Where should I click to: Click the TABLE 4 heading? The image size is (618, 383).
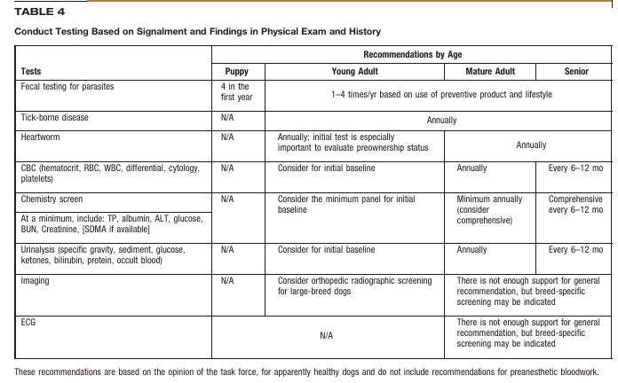39,10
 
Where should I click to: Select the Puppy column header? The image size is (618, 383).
237,71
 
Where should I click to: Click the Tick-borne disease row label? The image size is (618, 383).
55,118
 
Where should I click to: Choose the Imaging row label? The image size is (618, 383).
36,281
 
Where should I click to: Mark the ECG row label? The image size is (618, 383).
29,324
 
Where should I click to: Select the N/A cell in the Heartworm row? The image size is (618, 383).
226,138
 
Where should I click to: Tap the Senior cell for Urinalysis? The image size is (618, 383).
575,250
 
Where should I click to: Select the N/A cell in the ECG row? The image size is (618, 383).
329,336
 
